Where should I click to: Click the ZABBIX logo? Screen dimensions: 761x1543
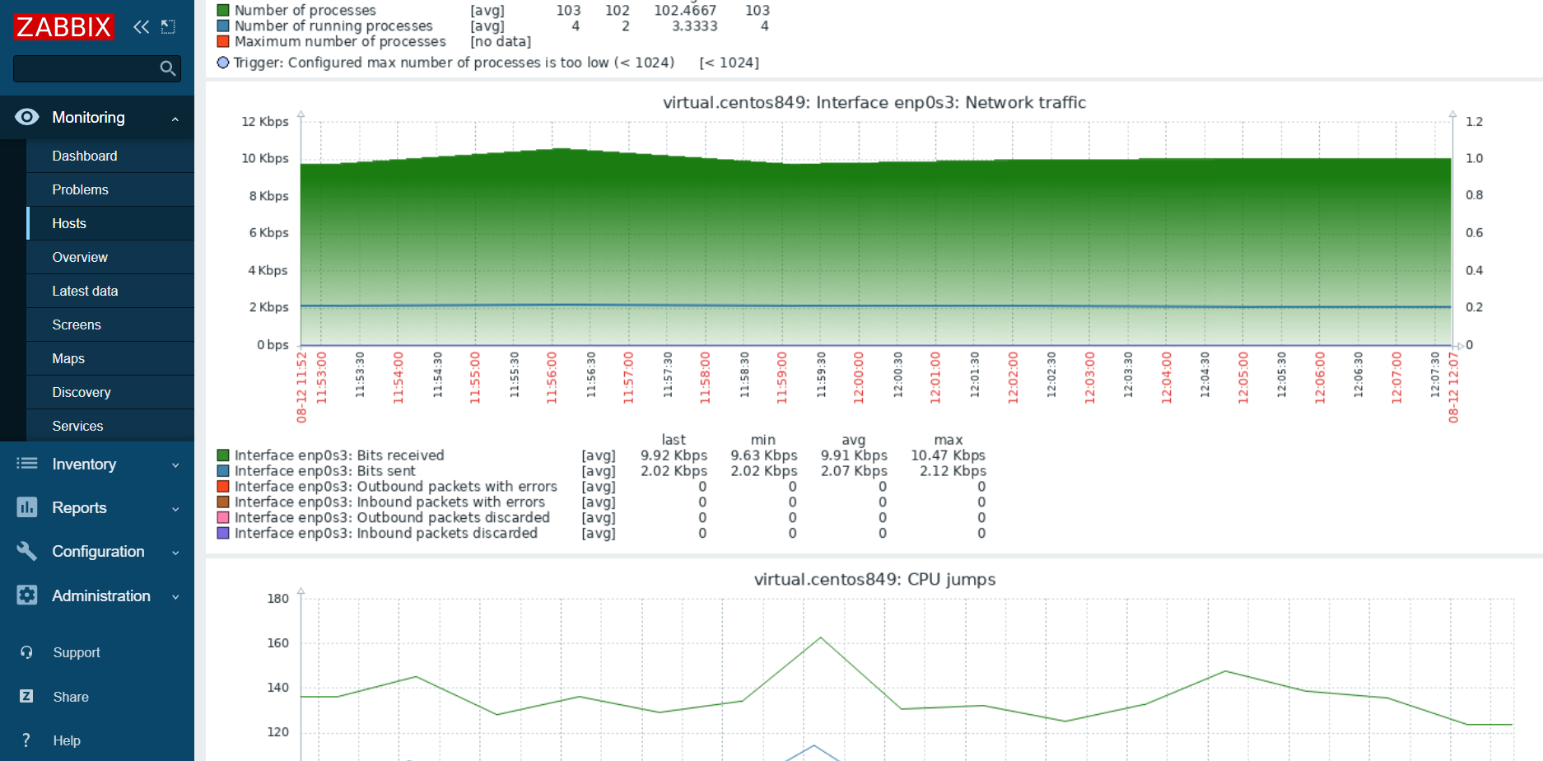pos(63,27)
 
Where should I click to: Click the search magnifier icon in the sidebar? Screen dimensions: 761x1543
pos(168,68)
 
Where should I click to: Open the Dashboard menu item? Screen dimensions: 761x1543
pos(85,156)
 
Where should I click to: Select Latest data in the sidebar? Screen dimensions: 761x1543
pos(85,291)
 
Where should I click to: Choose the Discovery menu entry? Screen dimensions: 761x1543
pos(82,392)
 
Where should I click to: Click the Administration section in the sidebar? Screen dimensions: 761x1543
pos(100,595)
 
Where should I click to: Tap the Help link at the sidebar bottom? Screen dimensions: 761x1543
pos(67,740)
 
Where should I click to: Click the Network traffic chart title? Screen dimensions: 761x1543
pos(874,102)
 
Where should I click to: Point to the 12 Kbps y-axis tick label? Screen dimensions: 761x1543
pos(264,121)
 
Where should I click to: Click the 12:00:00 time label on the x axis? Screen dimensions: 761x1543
pos(859,377)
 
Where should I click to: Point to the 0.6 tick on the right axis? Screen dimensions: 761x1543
pos(1474,232)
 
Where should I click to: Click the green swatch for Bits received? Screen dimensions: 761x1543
pos(223,455)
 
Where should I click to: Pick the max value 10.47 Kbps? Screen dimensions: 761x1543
pos(948,455)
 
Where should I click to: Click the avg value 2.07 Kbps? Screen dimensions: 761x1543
pos(854,471)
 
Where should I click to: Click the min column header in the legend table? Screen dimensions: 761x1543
pos(763,440)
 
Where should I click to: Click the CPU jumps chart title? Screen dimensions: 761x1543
pos(874,579)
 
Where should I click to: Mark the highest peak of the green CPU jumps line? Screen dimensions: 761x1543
pos(821,638)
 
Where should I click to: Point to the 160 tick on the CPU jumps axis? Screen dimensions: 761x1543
pos(278,642)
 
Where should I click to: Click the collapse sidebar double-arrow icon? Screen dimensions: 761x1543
pos(142,27)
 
